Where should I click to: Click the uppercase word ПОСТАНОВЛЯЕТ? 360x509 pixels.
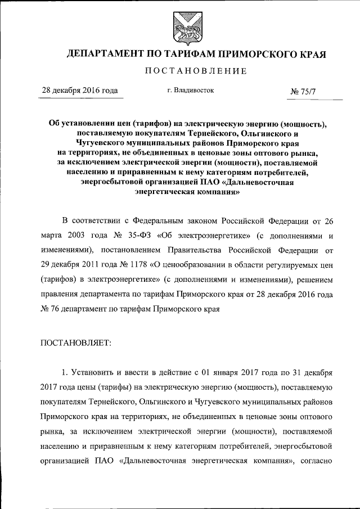point(76,342)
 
